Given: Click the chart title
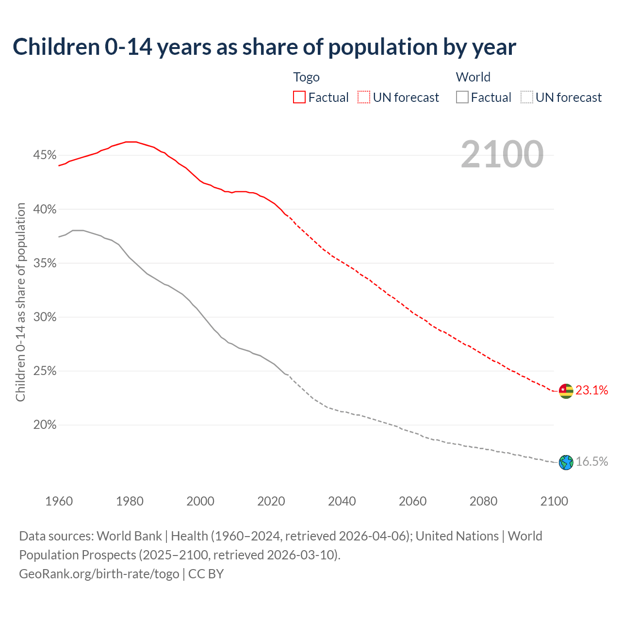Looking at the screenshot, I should coord(264,47).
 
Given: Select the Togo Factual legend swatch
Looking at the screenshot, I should coord(299,98).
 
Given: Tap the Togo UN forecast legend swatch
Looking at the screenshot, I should coord(364,98).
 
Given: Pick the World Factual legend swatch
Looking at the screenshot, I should coord(462,98).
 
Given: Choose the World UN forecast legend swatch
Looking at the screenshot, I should coord(527,98).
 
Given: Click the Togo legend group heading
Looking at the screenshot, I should coord(306,77).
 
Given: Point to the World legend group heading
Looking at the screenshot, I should coord(473,77).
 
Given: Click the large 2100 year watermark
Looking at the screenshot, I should coord(502,154).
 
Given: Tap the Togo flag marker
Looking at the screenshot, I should coord(566,391).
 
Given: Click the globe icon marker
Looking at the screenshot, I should coord(566,462).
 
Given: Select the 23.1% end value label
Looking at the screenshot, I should coord(592,390).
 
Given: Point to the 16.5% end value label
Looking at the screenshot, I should coord(592,461).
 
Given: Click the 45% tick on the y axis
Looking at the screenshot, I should coord(45,155).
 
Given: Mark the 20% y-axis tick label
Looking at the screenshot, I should coord(45,425).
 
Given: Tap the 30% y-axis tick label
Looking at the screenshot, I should coord(45,317).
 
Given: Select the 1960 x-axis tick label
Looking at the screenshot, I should coord(59,501).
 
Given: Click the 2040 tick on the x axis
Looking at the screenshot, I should coord(342,501).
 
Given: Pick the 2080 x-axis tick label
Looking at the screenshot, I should coord(483,501).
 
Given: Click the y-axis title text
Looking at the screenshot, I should coord(20,302).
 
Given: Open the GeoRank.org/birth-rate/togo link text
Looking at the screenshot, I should coord(99,574).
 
